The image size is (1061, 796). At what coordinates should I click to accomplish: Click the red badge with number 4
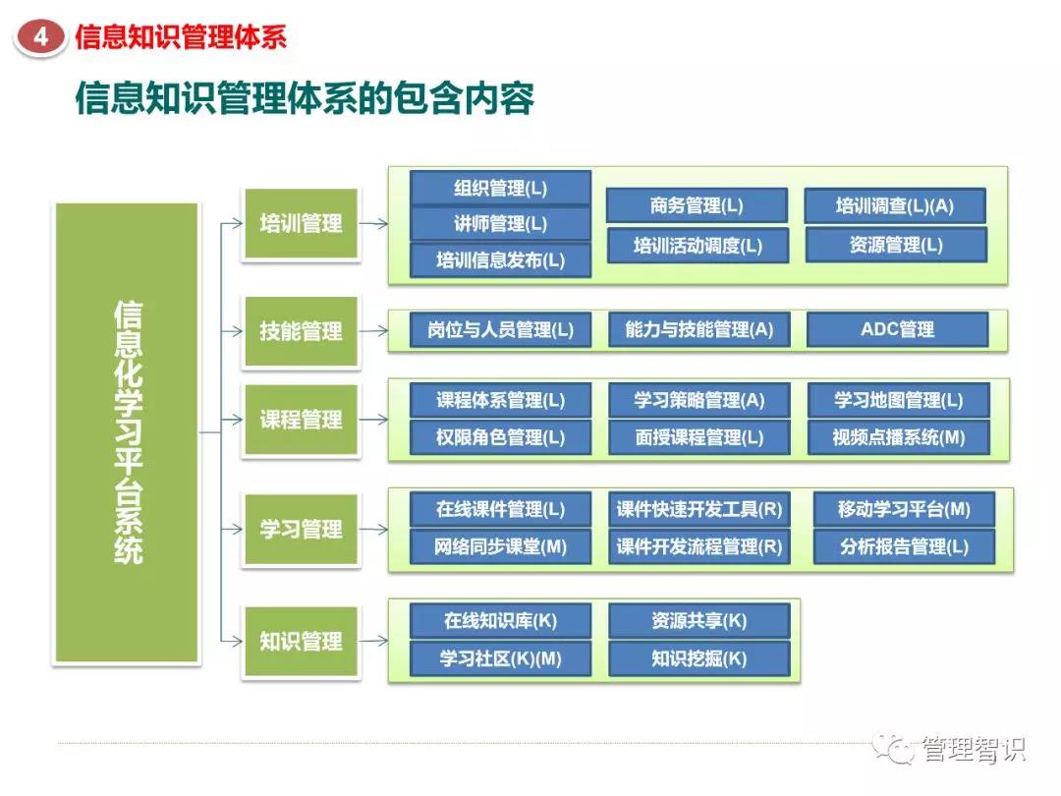pyautogui.click(x=40, y=37)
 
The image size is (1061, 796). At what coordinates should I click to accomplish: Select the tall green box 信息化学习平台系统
pyautogui.click(x=127, y=432)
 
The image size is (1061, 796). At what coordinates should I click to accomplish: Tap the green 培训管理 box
pyautogui.click(x=301, y=223)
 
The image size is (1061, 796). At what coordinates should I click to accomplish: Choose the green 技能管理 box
pyautogui.click(x=301, y=331)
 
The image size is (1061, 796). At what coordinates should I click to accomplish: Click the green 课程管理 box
pyautogui.click(x=301, y=420)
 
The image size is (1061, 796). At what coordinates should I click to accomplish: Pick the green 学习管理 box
pyautogui.click(x=301, y=530)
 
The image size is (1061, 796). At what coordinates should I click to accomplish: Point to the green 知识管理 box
pyautogui.click(x=301, y=642)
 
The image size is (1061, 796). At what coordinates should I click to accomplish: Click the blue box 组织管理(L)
pyautogui.click(x=500, y=188)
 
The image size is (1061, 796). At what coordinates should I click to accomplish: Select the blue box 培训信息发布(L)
pyautogui.click(x=500, y=260)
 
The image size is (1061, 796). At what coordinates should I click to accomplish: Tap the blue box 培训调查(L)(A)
pyautogui.click(x=895, y=206)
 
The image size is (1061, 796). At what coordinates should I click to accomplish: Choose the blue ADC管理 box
pyautogui.click(x=897, y=330)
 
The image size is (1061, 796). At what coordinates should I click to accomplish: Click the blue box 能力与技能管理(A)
pyautogui.click(x=698, y=330)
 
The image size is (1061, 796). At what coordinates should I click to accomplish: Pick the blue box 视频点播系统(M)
pyautogui.click(x=898, y=437)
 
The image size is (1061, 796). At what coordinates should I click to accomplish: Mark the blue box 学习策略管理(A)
pyautogui.click(x=698, y=400)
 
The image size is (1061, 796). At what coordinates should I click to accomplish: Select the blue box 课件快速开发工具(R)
pyautogui.click(x=698, y=509)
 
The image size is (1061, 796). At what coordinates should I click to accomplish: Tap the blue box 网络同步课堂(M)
pyautogui.click(x=500, y=547)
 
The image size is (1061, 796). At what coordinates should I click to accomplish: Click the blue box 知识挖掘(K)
pyautogui.click(x=698, y=658)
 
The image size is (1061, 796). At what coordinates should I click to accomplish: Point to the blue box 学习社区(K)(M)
pyautogui.click(x=500, y=658)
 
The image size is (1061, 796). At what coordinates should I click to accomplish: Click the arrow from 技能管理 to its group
pyautogui.click(x=373, y=331)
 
